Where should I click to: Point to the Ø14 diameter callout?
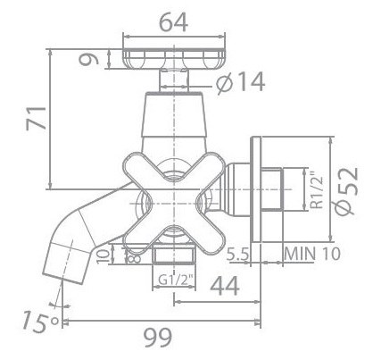click(241, 83)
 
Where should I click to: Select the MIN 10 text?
click(312, 253)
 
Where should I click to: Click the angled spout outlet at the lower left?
click(66, 261)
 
